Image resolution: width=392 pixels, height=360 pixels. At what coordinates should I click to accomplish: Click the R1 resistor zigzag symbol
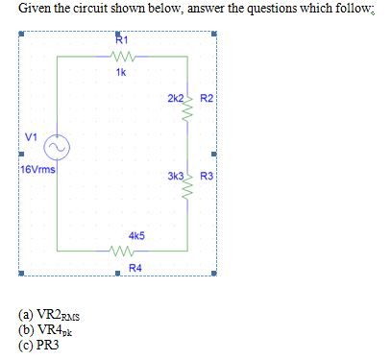coord(120,57)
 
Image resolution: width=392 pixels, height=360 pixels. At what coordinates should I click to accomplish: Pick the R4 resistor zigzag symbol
coord(120,253)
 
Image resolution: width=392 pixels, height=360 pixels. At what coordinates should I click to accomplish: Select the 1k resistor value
coord(120,73)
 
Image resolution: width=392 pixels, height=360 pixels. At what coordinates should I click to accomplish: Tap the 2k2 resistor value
coord(174,100)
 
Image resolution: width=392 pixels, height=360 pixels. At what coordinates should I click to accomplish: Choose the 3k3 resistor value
coord(174,180)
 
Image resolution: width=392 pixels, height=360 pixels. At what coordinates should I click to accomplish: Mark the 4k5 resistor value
coord(135,235)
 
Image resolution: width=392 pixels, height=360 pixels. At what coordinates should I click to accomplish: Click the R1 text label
coord(120,40)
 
